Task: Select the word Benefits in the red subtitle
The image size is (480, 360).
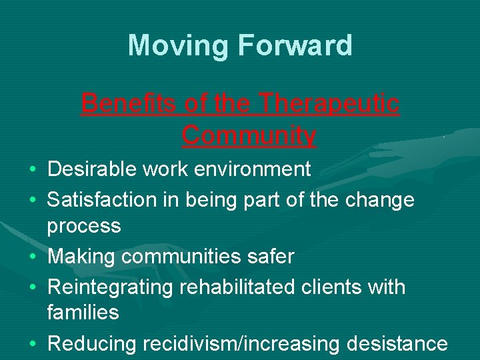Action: click(x=125, y=104)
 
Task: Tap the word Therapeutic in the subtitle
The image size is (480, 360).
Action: click(x=329, y=104)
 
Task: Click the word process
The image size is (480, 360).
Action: click(x=84, y=226)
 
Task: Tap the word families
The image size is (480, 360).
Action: click(x=83, y=312)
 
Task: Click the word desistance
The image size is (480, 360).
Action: click(x=397, y=343)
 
